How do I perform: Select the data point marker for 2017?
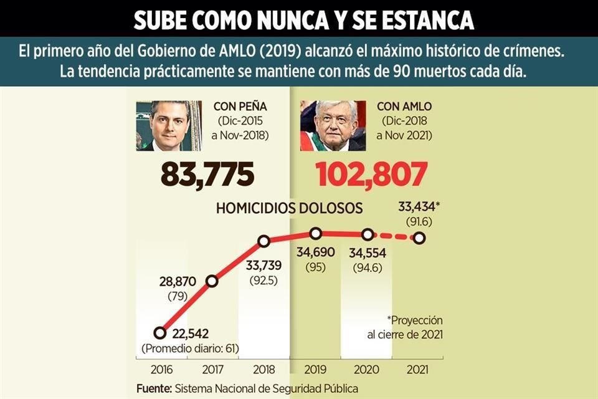coord(212,281)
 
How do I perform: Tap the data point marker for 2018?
coord(263,241)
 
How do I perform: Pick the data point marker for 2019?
coord(316,233)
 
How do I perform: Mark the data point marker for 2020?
coord(368,234)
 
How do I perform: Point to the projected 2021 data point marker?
coord(419,238)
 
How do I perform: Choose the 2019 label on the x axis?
coord(315,369)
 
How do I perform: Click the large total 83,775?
coord(207,175)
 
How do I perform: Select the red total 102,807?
coord(371,175)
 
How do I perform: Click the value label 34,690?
coord(315,253)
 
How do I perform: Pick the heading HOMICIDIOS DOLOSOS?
coord(290,208)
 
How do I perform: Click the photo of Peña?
coord(169,125)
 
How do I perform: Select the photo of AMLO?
coord(333,125)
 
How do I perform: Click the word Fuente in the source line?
coord(154,388)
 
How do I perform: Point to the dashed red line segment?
coord(394,236)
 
